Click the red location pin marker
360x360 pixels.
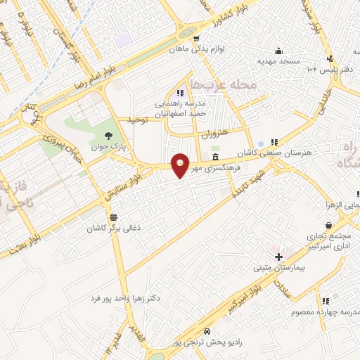(181, 165)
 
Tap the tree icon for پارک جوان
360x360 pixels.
(108, 136)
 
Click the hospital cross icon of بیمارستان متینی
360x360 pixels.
(279, 257)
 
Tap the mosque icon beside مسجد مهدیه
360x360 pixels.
(279, 51)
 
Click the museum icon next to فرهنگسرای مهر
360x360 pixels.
(215, 157)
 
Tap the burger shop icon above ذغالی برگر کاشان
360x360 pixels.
(114, 216)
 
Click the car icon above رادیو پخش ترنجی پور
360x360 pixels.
(206, 331)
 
